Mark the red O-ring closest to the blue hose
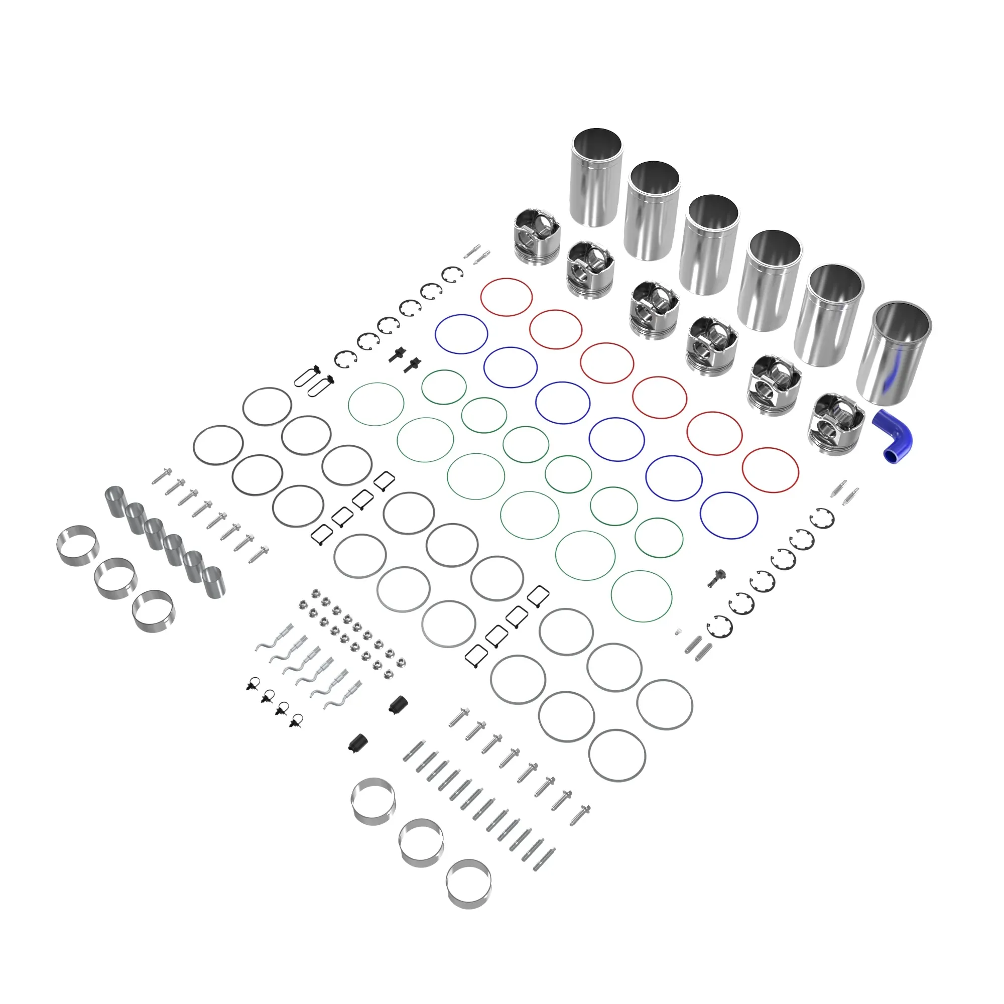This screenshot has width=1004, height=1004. pos(770,470)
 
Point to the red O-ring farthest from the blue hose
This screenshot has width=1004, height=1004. pos(506,297)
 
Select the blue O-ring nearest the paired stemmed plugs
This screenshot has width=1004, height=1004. pos(461,334)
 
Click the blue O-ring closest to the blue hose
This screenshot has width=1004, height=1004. pos(728,515)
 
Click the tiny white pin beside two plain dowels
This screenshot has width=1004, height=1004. pos(678,633)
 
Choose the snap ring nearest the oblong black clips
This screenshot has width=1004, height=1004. pos(346,359)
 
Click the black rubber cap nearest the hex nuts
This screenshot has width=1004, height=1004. pos(398,705)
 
